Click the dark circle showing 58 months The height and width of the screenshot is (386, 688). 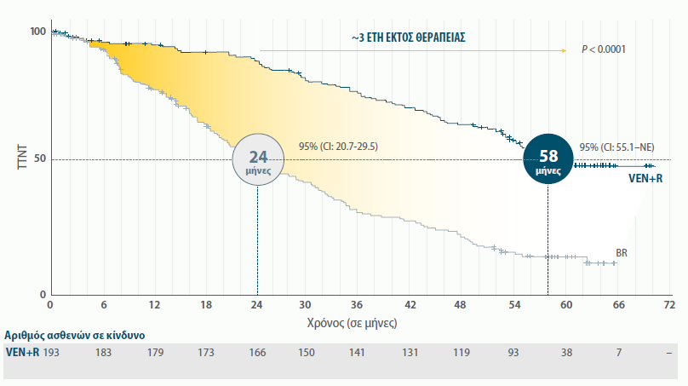coord(548,158)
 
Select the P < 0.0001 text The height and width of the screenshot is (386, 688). coord(604,49)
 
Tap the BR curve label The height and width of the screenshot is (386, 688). coord(622,253)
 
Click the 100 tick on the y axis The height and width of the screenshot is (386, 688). coord(38,32)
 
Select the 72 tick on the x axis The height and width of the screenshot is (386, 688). coord(669,305)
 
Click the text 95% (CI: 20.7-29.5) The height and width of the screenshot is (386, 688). coord(338,147)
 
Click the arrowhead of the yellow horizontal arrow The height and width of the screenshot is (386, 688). coord(563,50)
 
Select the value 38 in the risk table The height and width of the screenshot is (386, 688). coord(566,353)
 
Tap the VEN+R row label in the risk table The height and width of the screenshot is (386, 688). coord(22,353)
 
